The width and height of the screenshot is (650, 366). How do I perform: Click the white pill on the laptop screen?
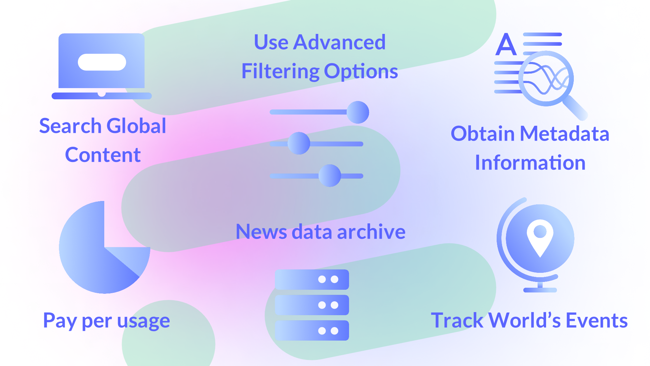(102, 62)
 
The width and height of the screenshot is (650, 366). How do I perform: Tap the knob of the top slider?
(358, 112)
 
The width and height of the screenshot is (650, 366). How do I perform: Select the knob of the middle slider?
(299, 143)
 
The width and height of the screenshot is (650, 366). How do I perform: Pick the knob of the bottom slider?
(330, 176)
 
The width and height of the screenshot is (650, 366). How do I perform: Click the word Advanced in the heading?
(340, 42)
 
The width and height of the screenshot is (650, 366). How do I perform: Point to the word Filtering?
(280, 72)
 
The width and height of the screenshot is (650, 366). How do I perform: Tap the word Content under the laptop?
(103, 155)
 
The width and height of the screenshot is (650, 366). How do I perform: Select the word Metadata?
(565, 134)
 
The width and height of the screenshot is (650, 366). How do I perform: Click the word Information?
(530, 162)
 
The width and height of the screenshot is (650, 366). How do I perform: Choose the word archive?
(371, 232)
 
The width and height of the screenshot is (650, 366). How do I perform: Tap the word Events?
(597, 320)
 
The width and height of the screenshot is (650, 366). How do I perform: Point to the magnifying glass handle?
(576, 108)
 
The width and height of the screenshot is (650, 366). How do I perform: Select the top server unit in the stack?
(312, 280)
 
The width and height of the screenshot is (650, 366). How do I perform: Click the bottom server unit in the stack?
(312, 330)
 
